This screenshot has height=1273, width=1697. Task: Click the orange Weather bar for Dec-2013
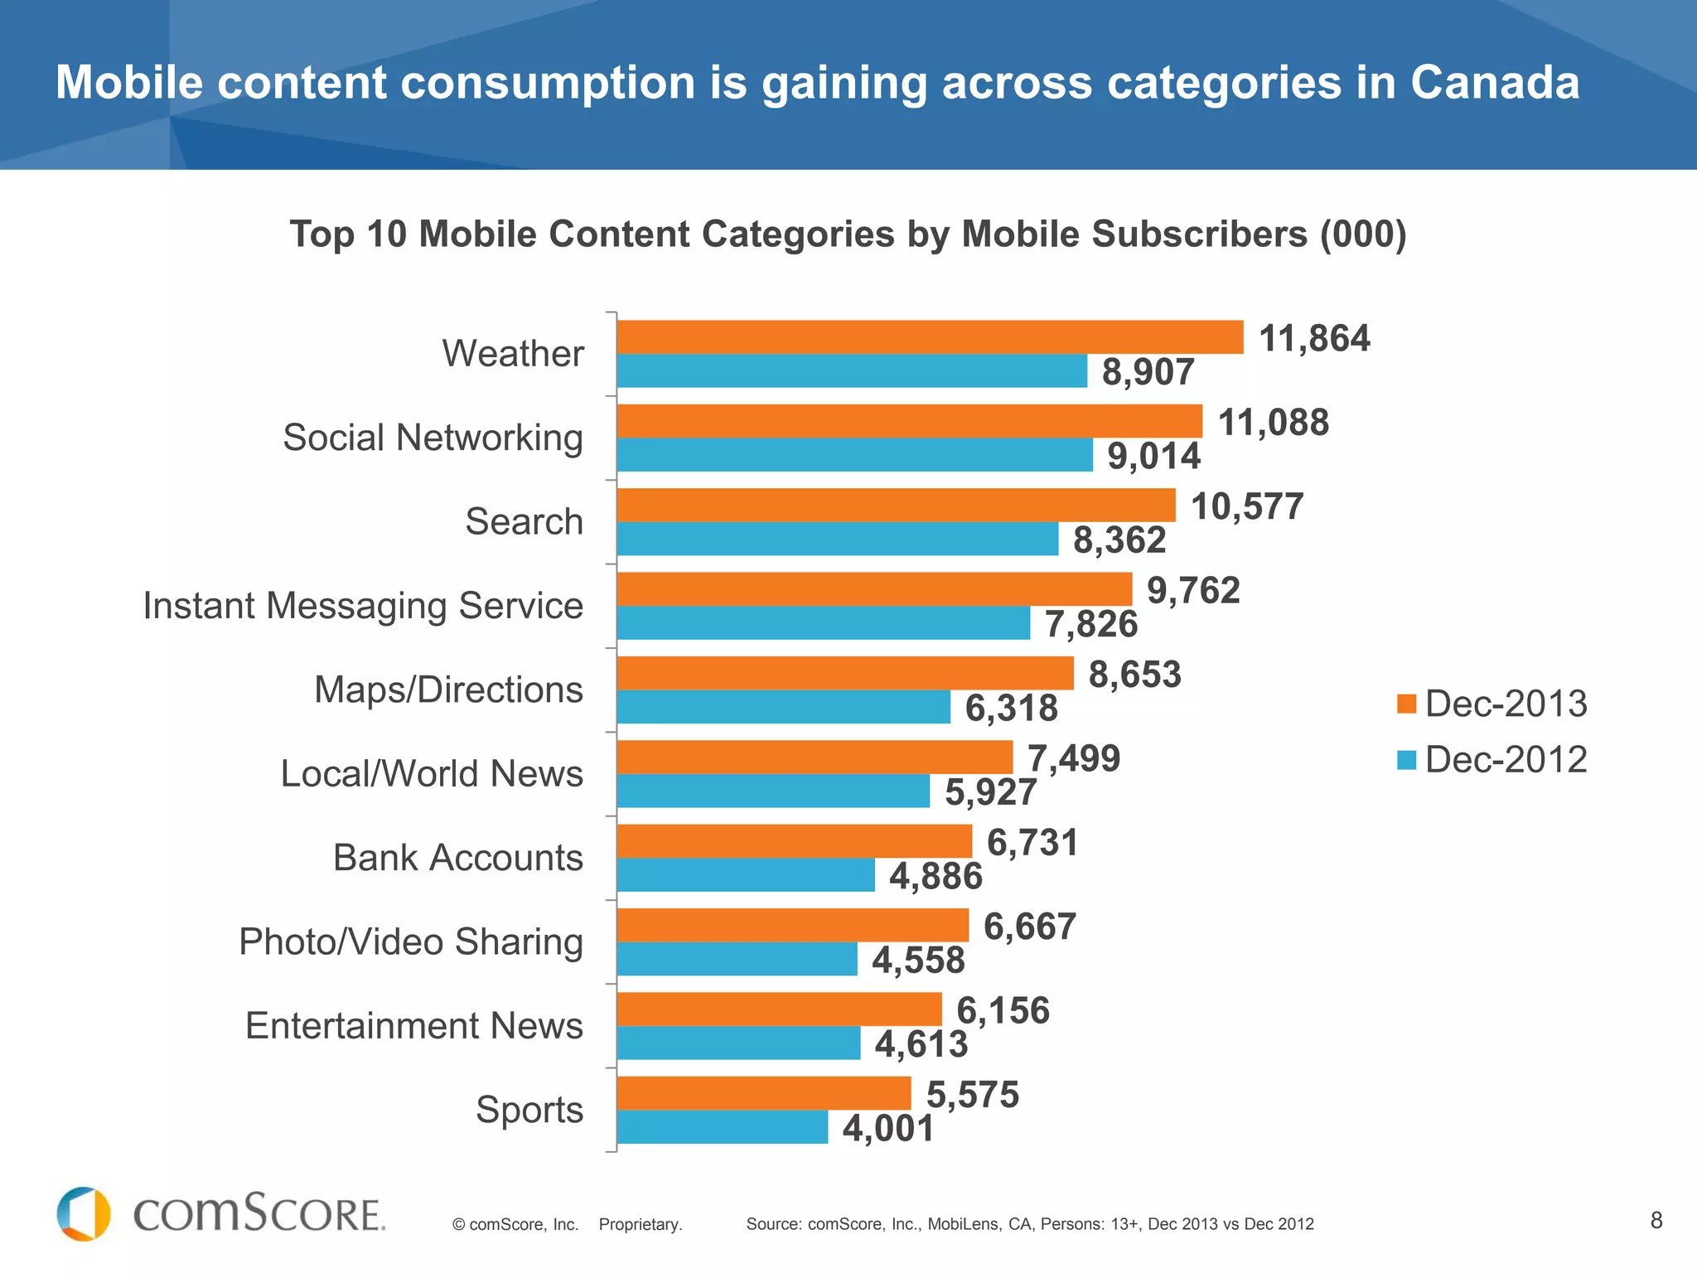930,337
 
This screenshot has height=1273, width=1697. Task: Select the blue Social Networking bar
854,455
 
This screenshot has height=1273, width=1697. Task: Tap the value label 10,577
1246,506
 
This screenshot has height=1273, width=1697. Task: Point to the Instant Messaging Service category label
363,605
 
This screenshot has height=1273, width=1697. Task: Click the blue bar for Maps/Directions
783,707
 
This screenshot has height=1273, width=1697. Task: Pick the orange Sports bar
763,1093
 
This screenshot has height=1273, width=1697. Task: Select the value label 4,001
888,1128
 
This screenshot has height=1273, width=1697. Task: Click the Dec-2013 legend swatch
1406,704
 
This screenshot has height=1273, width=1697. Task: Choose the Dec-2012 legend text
1506,759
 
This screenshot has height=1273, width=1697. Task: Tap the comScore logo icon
84,1214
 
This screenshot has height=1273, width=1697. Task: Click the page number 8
1656,1220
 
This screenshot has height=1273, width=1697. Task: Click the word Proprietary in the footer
640,1224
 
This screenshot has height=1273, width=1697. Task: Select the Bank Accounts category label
457,858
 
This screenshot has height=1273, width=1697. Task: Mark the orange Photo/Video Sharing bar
792,925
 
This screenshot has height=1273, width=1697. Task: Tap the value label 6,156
1003,1010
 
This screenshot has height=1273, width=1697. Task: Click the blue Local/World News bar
773,791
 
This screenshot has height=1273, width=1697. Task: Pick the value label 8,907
1148,371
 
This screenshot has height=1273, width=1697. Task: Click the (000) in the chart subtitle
1362,234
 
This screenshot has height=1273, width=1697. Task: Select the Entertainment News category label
413,1026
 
